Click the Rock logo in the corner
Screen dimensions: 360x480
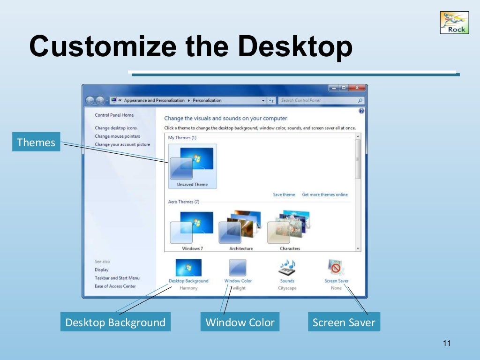tap(454, 22)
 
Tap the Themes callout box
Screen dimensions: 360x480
tap(36, 142)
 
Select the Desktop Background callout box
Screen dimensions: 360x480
tap(115, 322)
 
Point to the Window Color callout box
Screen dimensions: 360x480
tap(240, 322)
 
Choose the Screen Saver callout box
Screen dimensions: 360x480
tap(344, 322)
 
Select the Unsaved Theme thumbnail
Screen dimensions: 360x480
tap(192, 166)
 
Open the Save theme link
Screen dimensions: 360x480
tap(284, 195)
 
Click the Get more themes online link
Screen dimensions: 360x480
tap(325, 195)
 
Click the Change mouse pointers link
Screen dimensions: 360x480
tap(117, 136)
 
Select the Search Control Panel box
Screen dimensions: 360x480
tap(319, 100)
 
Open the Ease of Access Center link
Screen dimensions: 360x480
tap(115, 286)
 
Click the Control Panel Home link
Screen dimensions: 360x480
tap(114, 115)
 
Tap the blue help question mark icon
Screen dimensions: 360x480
tap(361, 111)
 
